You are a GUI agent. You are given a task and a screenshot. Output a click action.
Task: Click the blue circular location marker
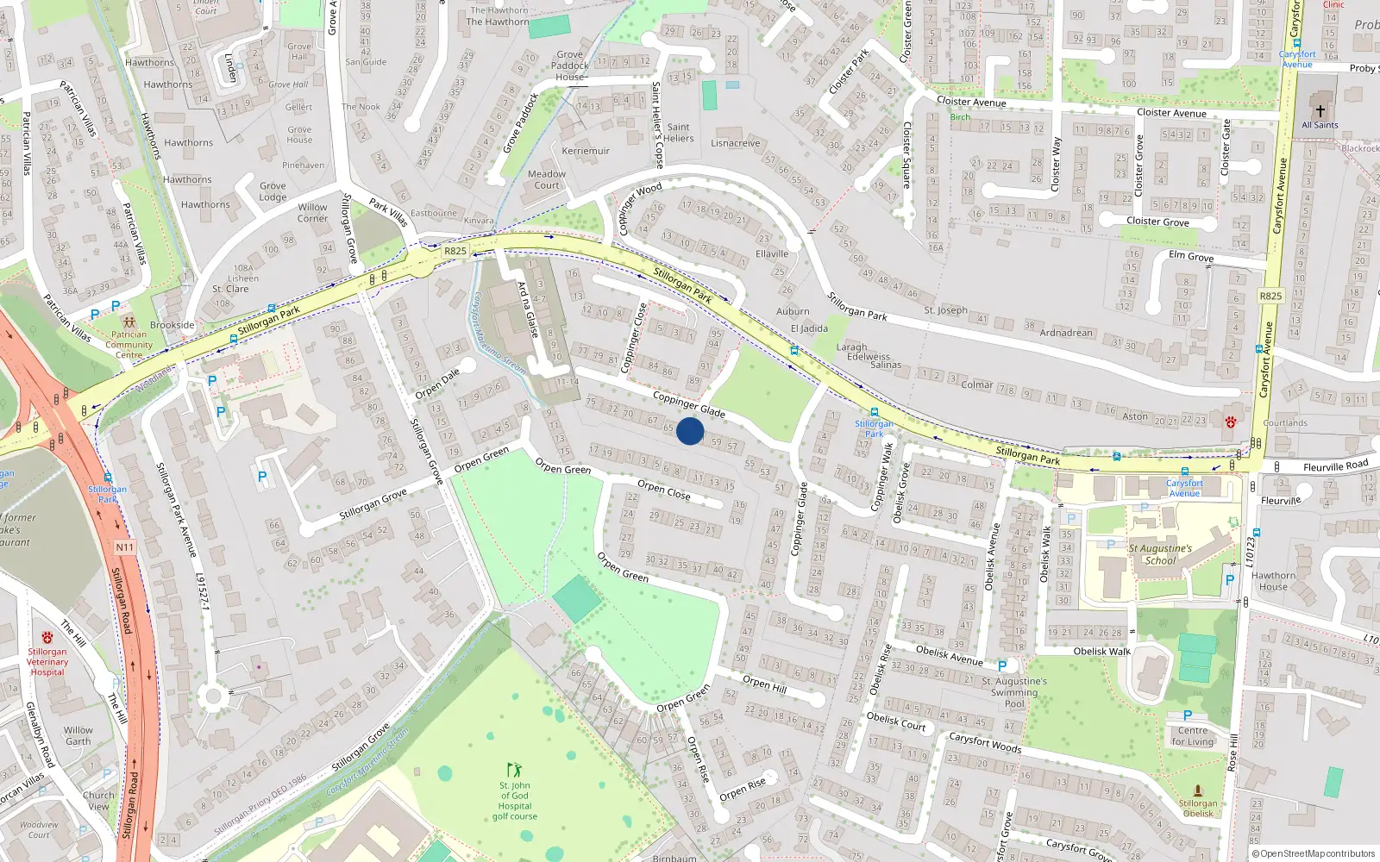[x=690, y=431]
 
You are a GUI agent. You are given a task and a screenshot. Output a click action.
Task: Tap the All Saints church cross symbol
[x=1320, y=110]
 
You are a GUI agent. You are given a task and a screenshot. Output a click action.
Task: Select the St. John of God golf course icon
[x=515, y=770]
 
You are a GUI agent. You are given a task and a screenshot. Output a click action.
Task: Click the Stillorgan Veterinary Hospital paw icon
[x=47, y=637]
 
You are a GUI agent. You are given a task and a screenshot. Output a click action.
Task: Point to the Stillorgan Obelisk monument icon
[x=1198, y=790]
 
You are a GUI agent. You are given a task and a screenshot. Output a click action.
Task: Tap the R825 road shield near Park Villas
[x=455, y=251]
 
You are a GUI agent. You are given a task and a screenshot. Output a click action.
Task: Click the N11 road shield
[x=124, y=547]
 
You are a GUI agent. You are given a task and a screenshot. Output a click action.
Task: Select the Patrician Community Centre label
[x=129, y=345]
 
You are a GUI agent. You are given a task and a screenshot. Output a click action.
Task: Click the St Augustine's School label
[x=1160, y=554]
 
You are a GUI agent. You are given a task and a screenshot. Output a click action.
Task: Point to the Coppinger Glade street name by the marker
[x=688, y=403]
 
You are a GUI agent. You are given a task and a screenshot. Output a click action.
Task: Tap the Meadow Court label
[x=547, y=179]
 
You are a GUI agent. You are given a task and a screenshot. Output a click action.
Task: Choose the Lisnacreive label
[x=736, y=143]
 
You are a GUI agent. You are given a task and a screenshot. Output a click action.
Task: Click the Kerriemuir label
[x=586, y=151]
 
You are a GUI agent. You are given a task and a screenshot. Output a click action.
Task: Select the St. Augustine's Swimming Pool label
[x=1014, y=692]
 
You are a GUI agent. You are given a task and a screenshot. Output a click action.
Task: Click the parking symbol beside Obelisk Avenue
[x=1001, y=665]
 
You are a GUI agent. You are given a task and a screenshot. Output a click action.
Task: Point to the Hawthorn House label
[x=1273, y=581]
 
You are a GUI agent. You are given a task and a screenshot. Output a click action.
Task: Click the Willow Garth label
[x=78, y=735]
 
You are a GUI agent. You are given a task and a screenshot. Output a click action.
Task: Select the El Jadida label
[x=809, y=328]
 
